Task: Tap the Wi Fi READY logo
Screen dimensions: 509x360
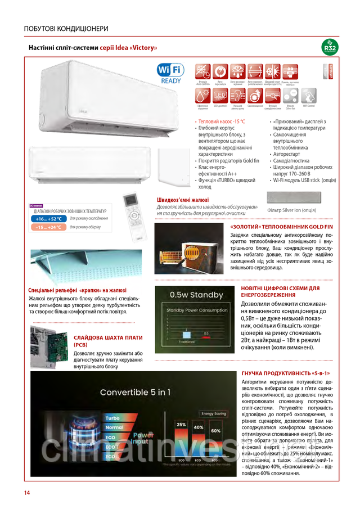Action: click(x=170, y=73)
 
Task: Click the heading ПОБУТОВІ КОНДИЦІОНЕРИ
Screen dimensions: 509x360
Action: click(x=66, y=28)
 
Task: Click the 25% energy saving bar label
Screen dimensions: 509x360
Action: click(x=181, y=424)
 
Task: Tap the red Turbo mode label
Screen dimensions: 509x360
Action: click(x=113, y=418)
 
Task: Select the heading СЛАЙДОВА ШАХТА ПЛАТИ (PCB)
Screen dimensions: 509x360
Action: click(x=108, y=341)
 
